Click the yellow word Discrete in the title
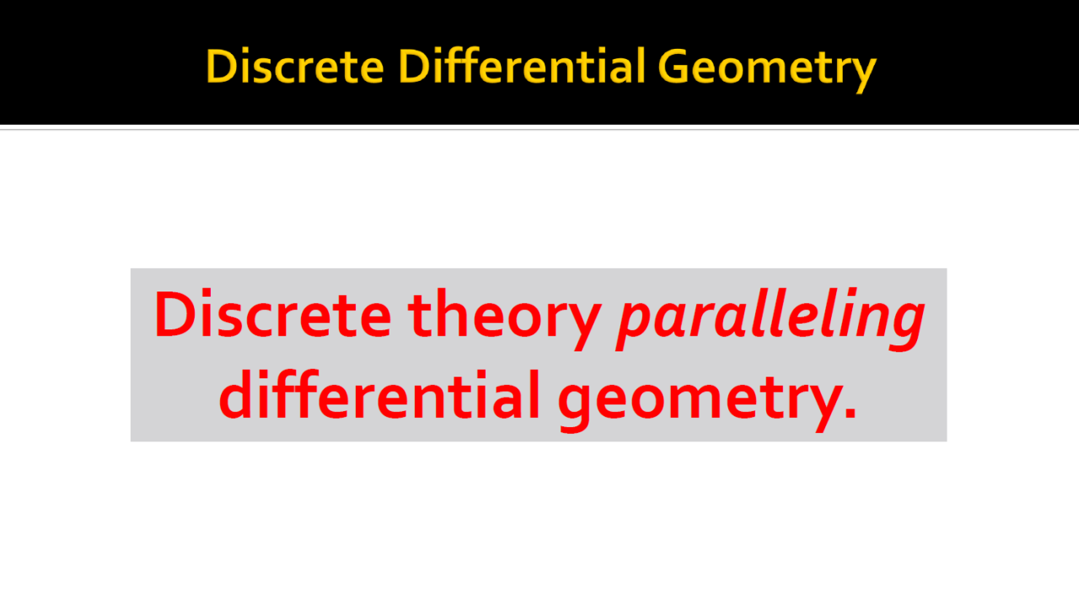click(295, 66)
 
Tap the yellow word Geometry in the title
click(767, 69)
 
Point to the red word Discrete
click(272, 313)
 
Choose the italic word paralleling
click(770, 319)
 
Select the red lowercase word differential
click(379, 394)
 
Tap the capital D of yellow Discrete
click(221, 66)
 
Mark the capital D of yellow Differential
click(414, 66)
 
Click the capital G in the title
click(674, 66)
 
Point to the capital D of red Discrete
click(174, 313)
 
